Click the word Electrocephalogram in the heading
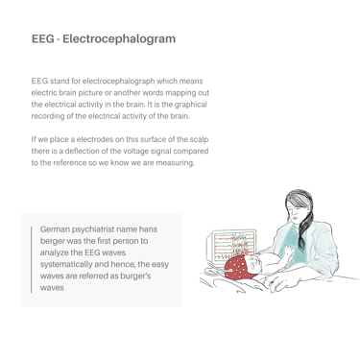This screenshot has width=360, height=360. [x=119, y=39]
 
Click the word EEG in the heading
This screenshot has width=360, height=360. [x=43, y=38]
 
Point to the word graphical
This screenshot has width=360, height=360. [x=191, y=105]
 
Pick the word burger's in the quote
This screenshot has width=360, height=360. [x=135, y=276]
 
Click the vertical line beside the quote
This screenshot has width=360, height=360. [x=32, y=259]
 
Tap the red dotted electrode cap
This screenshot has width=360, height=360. [x=238, y=268]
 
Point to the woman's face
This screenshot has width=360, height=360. [x=297, y=213]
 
